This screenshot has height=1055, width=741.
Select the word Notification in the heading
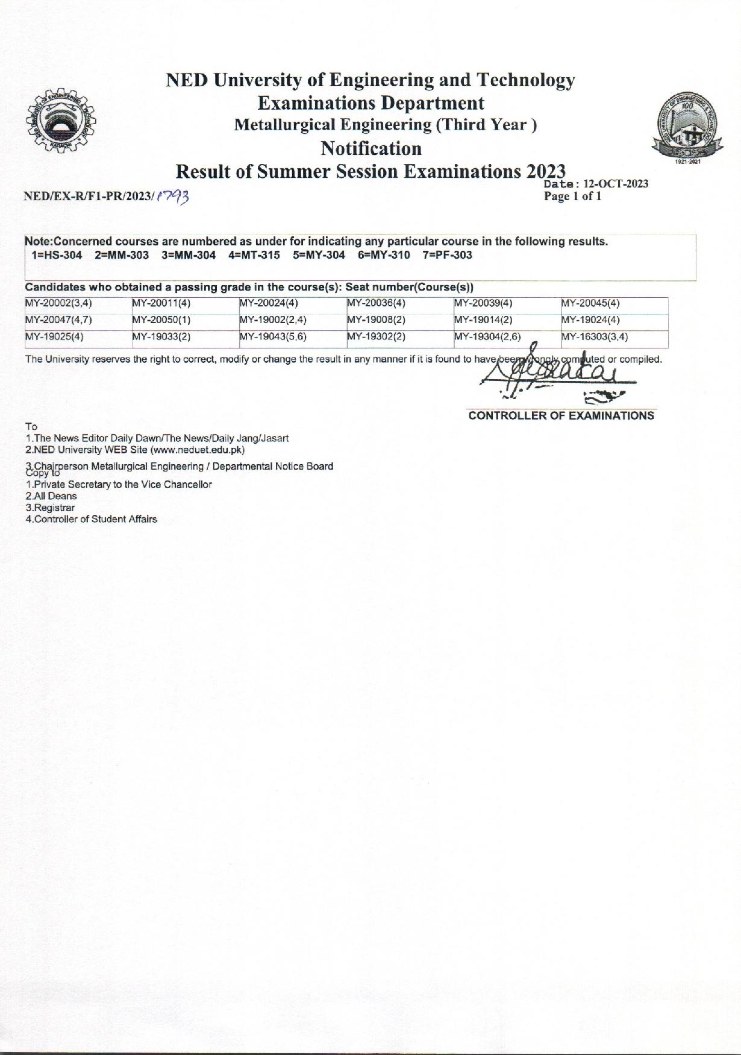point(370,148)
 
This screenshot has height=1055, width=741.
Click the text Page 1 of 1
point(572,197)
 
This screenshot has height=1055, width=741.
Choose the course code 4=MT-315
point(254,255)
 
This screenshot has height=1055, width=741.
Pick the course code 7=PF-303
point(447,255)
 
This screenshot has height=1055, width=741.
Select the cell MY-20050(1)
point(161,320)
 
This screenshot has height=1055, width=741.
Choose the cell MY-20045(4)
point(590,303)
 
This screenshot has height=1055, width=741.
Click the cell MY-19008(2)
point(376,320)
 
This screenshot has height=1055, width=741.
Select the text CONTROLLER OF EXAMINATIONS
point(561,415)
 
